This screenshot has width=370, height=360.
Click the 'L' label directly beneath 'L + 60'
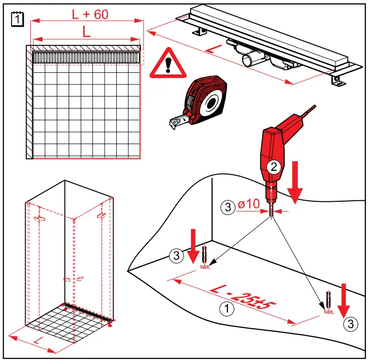86,32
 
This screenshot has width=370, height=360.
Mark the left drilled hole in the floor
205,266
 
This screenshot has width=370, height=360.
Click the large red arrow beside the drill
296,187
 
